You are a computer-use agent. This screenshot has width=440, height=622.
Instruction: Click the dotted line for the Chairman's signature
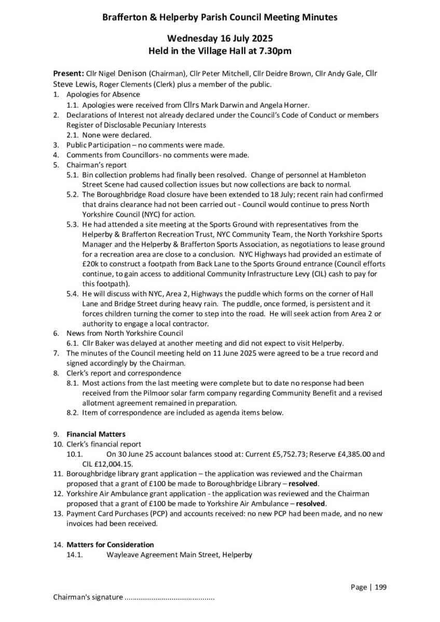(170, 597)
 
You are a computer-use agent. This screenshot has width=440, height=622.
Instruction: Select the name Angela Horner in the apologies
(302, 105)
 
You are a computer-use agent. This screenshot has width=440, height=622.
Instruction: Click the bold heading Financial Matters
(96, 434)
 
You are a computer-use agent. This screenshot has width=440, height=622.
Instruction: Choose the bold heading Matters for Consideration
(110, 545)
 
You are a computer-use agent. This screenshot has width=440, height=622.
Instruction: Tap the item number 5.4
(73, 294)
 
